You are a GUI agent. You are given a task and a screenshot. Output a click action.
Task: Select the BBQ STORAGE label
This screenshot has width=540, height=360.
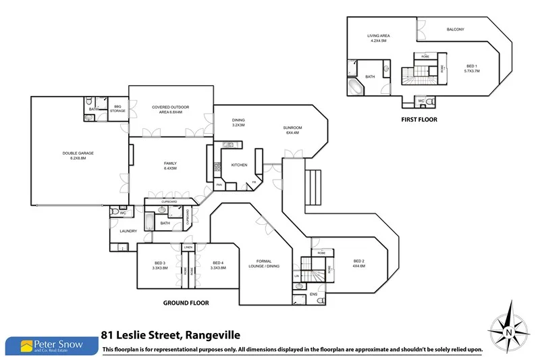pyautogui.click(x=118, y=109)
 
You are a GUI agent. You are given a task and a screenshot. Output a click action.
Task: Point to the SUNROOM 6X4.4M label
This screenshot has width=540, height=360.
pyautogui.click(x=292, y=130)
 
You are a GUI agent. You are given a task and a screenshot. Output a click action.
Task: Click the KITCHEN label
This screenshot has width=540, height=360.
pyautogui.click(x=240, y=165)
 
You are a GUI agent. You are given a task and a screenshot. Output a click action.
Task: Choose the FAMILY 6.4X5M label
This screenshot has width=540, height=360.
pyautogui.click(x=170, y=165)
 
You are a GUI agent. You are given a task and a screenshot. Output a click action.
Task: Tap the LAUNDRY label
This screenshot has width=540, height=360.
pyautogui.click(x=128, y=232)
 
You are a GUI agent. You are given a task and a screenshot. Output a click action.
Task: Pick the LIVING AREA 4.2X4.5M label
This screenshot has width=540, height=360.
pyautogui.click(x=378, y=38)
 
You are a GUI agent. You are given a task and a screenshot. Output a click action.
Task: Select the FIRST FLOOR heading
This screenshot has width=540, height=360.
pyautogui.click(x=419, y=120)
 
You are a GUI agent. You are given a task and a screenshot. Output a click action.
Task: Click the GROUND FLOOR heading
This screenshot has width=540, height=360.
pyautogui.click(x=186, y=303)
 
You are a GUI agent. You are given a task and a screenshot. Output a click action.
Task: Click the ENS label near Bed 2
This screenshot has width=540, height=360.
pyautogui.click(x=313, y=294)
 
